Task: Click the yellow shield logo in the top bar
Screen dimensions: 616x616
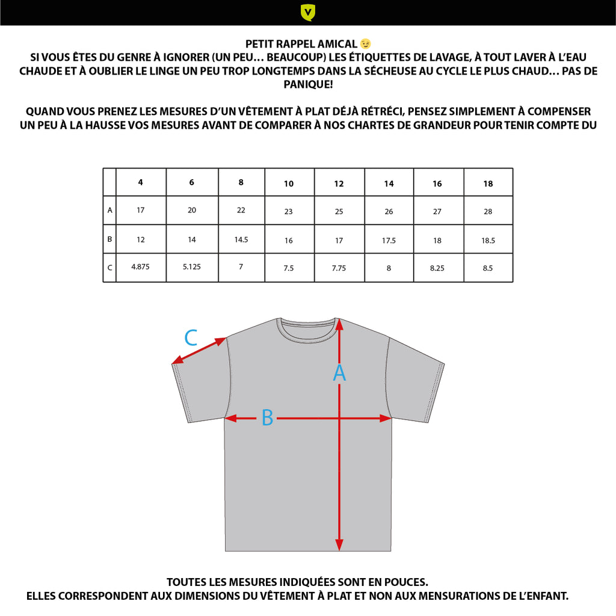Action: pos(308,12)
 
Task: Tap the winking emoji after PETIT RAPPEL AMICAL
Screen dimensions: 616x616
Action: pos(365,44)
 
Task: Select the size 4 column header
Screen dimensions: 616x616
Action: pos(141,182)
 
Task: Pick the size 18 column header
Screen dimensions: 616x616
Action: pos(488,183)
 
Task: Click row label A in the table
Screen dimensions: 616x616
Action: pos(109,211)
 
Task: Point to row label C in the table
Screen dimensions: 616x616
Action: pos(109,268)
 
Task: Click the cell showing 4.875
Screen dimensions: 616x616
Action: pos(141,267)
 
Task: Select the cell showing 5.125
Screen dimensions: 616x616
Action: pos(191,267)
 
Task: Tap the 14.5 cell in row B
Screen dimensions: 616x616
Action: pos(241,239)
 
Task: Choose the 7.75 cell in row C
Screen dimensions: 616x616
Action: pos(339,268)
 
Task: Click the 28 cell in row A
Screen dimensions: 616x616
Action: pos(488,212)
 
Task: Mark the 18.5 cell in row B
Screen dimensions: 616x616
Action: pos(488,241)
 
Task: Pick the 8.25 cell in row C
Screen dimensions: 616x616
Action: pos(437,268)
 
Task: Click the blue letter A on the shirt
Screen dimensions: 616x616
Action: pos(339,374)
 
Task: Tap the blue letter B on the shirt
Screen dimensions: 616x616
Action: pos(267,418)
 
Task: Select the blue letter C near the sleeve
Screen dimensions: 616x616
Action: pos(191,338)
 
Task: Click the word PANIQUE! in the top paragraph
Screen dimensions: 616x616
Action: pos(308,85)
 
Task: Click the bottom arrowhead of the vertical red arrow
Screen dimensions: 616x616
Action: pos(339,544)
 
